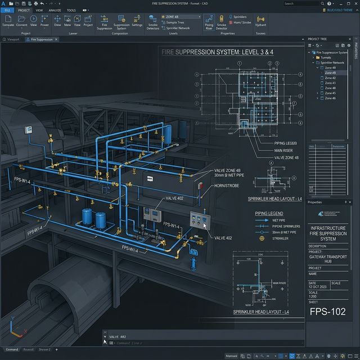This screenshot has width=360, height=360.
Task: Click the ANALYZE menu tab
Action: (55, 10)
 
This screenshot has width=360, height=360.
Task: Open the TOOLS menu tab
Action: (71, 10)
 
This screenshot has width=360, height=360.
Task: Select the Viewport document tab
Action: (12, 40)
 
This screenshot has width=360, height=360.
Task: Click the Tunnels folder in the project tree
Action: (324, 57)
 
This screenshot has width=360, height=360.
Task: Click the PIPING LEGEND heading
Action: (269, 214)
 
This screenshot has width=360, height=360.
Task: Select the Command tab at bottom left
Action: (11, 349)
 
